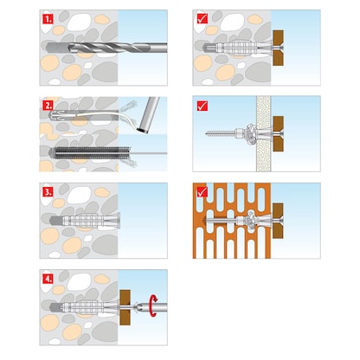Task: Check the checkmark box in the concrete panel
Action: (201, 18)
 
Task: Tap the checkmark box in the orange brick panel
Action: (201, 190)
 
